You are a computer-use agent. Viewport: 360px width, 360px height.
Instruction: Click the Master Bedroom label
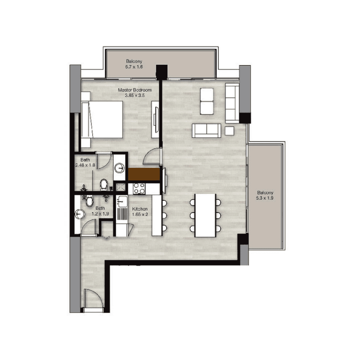click(135, 90)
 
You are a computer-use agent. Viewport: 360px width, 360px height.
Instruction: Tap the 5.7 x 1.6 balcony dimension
click(134, 67)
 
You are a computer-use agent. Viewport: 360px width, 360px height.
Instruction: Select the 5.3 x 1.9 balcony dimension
click(265, 198)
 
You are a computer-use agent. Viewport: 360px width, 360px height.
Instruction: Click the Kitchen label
click(140, 209)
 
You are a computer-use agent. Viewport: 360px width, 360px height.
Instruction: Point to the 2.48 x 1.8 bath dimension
click(85, 165)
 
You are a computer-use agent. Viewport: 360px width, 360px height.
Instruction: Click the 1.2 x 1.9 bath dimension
click(100, 214)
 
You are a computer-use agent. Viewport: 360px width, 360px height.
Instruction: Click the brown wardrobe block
click(144, 174)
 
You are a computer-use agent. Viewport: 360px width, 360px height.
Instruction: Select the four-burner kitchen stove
click(139, 189)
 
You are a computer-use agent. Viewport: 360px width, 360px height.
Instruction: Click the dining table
click(205, 216)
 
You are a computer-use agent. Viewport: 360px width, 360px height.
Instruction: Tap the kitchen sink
click(122, 202)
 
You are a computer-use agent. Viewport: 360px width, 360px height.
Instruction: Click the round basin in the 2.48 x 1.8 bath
click(119, 167)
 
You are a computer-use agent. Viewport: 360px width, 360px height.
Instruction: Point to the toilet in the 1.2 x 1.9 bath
click(89, 201)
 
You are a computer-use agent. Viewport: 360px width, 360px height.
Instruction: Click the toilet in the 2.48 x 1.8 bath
click(104, 184)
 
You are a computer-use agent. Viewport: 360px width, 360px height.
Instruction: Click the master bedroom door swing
click(151, 157)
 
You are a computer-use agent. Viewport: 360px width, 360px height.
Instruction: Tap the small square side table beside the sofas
click(229, 131)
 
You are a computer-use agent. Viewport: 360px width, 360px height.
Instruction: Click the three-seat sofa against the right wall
click(232, 103)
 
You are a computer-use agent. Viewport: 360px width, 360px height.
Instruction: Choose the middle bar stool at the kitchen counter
click(164, 216)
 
